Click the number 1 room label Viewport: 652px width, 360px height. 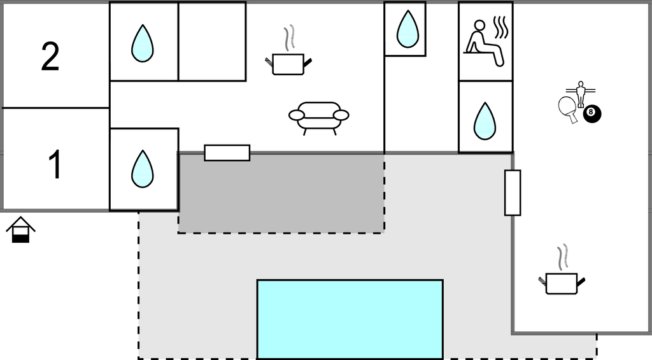click(55, 164)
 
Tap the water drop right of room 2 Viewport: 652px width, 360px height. click(143, 43)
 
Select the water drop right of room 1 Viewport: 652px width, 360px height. click(142, 169)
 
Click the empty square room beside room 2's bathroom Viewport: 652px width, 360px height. click(212, 41)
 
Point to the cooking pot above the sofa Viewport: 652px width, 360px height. click(288, 62)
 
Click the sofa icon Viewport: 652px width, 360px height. click(318, 117)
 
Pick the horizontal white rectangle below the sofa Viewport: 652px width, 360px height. click(227, 153)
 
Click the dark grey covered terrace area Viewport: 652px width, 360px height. click(280, 192)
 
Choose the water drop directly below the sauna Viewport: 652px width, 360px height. click(485, 120)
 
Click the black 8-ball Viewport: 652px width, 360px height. click(592, 114)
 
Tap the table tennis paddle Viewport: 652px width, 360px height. click(568, 108)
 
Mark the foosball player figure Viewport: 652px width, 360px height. click(580, 93)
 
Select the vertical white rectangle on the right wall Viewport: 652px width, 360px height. click(513, 192)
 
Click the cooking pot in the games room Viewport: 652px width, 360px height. click(562, 282)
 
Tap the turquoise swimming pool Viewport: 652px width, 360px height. click(350, 319)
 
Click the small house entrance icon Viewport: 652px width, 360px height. click(20, 230)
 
